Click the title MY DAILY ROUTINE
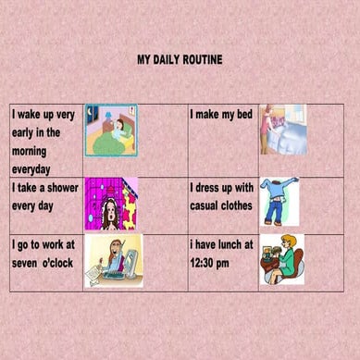pos(180,60)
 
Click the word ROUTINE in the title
pos(202,60)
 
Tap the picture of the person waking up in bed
pos(111,130)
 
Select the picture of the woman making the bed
pos(282,129)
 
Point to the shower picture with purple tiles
pos(111,205)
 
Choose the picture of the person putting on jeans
pos(279,202)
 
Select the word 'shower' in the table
pos(61,188)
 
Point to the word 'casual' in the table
pos(208,205)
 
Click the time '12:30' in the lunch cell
pos(205,262)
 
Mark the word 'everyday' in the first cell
pos(31,169)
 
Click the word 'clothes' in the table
pos(235,205)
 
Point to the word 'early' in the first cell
pos(26,132)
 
